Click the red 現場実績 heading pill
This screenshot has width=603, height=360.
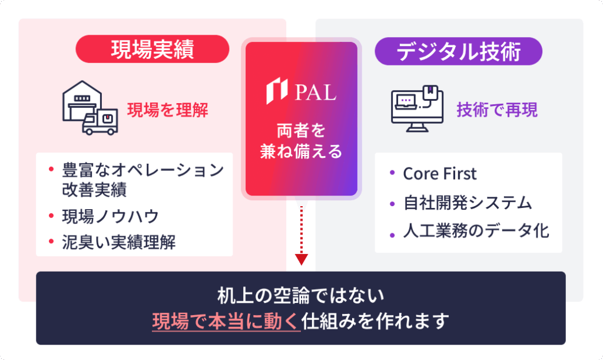click(x=152, y=49)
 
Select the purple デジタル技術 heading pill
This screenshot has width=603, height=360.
click(x=458, y=51)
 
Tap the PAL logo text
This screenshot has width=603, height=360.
click(x=315, y=93)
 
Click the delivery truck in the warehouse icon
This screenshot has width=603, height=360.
click(x=101, y=123)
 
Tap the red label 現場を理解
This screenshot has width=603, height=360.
click(x=168, y=110)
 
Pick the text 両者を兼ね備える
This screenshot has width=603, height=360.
click(x=301, y=141)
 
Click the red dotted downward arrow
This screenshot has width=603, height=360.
click(x=301, y=236)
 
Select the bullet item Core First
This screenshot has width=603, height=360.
click(x=439, y=174)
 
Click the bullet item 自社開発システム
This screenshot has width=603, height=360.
click(x=468, y=203)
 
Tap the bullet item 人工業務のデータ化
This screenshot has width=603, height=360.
click(x=476, y=231)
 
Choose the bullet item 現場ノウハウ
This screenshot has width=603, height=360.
click(x=111, y=217)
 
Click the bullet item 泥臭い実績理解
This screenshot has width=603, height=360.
click(x=119, y=243)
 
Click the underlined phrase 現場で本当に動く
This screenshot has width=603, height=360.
click(x=226, y=322)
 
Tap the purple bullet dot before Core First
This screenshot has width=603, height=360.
click(x=392, y=174)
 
